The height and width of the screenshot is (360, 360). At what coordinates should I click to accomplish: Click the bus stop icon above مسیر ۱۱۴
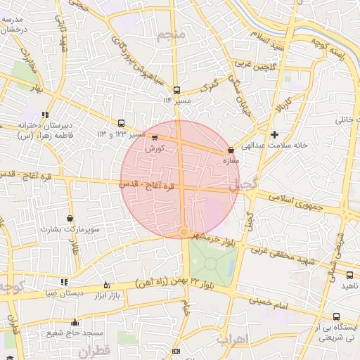(x=176, y=90)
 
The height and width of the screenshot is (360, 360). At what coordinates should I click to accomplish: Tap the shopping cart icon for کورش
(x=155, y=138)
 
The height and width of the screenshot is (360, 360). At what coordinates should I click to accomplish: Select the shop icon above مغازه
(x=231, y=150)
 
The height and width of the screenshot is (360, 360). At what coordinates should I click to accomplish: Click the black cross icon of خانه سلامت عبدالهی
(x=274, y=134)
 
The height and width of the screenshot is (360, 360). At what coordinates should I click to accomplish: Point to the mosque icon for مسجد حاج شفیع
(x=75, y=323)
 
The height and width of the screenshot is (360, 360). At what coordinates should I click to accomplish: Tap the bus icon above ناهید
(x=349, y=275)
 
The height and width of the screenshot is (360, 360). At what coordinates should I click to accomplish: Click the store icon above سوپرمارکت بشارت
(x=70, y=219)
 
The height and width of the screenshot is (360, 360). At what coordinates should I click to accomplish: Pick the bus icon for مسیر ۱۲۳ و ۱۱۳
(x=122, y=122)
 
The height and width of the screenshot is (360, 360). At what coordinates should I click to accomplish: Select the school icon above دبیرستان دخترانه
(x=46, y=115)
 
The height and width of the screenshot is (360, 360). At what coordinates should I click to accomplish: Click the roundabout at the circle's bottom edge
(x=184, y=231)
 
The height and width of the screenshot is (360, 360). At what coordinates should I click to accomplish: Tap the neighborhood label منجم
(x=172, y=35)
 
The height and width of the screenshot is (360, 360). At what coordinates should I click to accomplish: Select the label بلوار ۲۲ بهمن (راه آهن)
(x=175, y=283)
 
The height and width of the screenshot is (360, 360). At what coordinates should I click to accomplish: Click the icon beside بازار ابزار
(x=107, y=285)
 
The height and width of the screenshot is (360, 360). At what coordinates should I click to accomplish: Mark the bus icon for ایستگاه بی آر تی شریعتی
(x=336, y=317)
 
